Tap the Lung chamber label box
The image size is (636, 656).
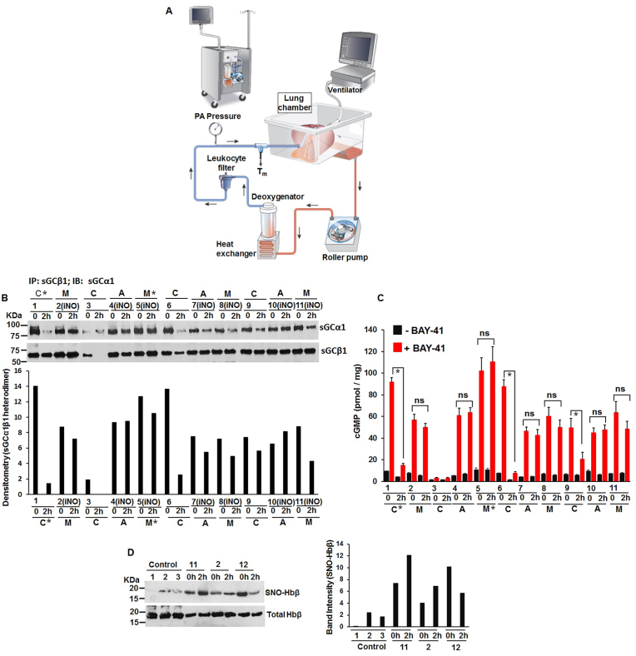296,102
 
